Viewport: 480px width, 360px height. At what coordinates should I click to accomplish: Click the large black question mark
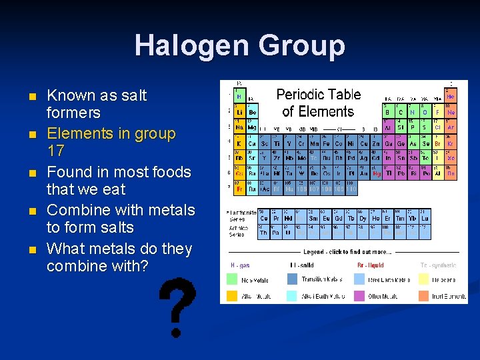coord(177,307)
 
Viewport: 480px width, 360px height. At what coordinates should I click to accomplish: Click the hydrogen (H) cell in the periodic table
coord(239,95)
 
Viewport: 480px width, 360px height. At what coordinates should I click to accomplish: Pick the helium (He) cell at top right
coord(451,95)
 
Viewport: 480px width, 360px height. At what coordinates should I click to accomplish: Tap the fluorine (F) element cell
coord(437,111)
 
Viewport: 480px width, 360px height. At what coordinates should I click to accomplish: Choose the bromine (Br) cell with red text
coord(437,143)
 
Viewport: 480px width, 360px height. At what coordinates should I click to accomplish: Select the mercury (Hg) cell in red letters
coord(377,173)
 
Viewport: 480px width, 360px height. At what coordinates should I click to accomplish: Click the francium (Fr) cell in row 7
coord(239,189)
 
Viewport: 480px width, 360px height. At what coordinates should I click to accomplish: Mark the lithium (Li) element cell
coord(239,111)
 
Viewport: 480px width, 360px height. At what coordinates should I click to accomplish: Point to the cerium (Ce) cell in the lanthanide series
coord(264,217)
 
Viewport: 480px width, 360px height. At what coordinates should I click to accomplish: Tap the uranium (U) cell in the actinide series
coord(288,233)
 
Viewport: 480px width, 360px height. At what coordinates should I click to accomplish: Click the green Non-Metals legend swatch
coord(231,280)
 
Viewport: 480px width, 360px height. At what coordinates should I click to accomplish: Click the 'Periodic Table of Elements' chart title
coord(318,103)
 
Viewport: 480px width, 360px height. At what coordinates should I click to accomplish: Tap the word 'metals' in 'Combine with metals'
coord(172,210)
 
